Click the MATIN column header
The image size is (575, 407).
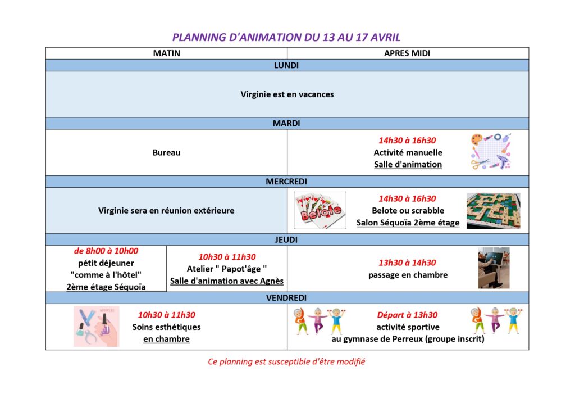tap(166, 53)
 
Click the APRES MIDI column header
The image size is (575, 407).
tap(407, 53)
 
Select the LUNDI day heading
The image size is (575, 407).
tap(286, 66)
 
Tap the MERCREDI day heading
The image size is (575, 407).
tap(286, 182)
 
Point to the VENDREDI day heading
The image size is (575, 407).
tap(286, 298)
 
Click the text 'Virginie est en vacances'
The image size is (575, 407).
tap(287, 94)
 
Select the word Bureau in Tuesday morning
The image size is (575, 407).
tap(166, 152)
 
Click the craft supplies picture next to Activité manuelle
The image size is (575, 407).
tap(491, 152)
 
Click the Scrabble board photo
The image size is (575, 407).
tap(493, 211)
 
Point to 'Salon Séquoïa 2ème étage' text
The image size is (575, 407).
tap(408, 223)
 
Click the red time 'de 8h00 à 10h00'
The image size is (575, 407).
tap(106, 251)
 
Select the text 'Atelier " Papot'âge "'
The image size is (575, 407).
tap(227, 269)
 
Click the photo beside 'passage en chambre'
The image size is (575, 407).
tap(494, 268)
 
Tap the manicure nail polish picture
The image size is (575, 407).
tap(97, 326)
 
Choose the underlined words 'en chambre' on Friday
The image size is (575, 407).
tap(166, 339)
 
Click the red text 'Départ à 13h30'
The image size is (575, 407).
tap(407, 315)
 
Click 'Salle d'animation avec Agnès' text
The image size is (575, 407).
tap(227, 281)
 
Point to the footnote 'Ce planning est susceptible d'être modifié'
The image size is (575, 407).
tap(286, 361)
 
